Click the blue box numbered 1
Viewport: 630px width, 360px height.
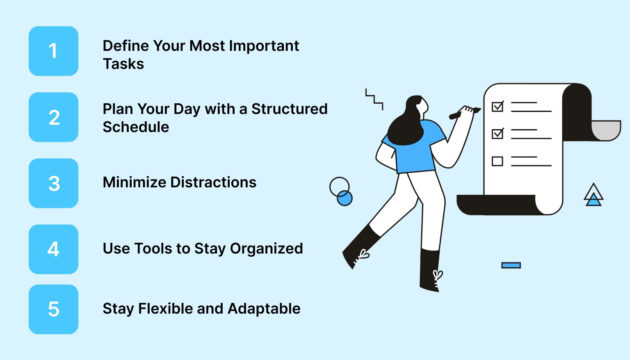[x=53, y=51]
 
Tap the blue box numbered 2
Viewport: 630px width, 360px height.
[x=53, y=117]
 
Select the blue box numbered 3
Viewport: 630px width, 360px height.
[x=53, y=183]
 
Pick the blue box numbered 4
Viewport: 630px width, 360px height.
[x=53, y=249]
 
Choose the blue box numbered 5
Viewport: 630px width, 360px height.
[x=53, y=309]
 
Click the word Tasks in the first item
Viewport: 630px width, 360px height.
[x=123, y=64]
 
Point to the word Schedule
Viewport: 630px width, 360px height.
[x=136, y=127]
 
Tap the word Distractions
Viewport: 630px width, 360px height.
[x=213, y=182]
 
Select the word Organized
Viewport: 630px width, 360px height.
[x=266, y=248]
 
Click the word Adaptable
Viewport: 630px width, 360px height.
[x=264, y=309]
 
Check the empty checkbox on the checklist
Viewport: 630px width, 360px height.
[x=497, y=161]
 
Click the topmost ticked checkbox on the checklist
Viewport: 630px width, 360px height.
[x=497, y=107]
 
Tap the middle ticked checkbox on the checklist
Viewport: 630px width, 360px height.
[x=497, y=134]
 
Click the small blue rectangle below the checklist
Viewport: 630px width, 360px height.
[x=511, y=265]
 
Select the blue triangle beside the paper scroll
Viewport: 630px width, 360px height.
[x=593, y=201]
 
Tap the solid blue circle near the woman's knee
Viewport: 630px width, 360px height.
[x=345, y=198]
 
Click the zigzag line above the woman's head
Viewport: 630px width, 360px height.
[x=374, y=99]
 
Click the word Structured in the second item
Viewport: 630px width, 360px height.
[x=289, y=109]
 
